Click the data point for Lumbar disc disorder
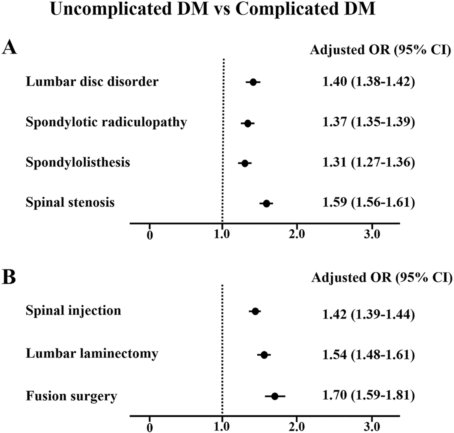tap(253, 82)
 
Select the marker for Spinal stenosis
tap(266, 204)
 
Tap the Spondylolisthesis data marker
tap(245, 163)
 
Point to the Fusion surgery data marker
tap(275, 396)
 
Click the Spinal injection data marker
tap(255, 311)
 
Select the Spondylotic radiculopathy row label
tap(106, 122)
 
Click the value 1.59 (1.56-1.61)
tap(369, 203)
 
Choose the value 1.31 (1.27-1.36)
tap(369, 163)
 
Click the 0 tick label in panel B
tap(150, 427)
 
